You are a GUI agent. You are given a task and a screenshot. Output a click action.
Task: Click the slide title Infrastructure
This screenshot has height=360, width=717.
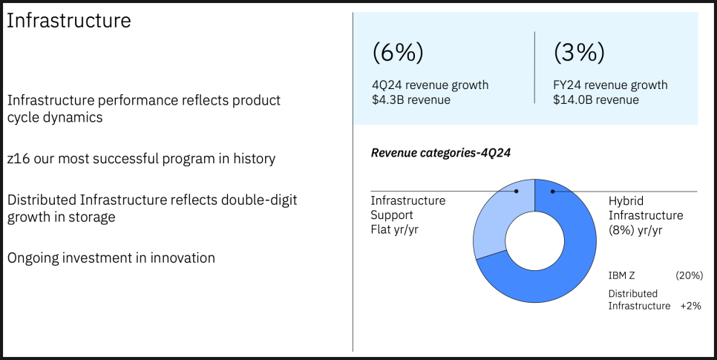(68, 21)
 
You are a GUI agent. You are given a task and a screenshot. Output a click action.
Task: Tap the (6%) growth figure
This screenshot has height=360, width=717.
(398, 52)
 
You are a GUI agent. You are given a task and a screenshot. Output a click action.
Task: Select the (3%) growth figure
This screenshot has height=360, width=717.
(579, 52)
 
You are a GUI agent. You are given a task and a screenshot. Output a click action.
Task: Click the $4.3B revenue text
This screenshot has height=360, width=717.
(411, 99)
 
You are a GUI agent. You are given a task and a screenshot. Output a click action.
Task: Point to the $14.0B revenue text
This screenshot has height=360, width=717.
(596, 99)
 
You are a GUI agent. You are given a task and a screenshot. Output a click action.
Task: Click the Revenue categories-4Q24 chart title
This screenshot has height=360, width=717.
(440, 153)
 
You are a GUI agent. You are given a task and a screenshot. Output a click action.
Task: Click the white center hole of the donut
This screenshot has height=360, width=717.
(535, 241)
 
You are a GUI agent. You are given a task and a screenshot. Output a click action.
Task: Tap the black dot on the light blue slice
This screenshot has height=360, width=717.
(517, 192)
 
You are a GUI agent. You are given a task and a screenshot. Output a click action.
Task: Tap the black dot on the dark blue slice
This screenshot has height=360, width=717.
(553, 192)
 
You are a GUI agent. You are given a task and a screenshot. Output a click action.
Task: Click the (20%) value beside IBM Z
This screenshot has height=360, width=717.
(689, 275)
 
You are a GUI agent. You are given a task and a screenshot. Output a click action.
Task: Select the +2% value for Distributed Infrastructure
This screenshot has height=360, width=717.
(690, 306)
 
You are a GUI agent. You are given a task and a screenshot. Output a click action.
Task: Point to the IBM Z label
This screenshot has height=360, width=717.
(621, 275)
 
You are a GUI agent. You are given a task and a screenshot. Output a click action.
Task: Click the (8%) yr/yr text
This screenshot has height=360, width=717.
(635, 229)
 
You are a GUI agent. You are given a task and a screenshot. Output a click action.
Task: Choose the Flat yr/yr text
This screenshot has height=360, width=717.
(394, 229)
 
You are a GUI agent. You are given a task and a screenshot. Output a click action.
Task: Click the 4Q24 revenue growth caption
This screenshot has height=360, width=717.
(430, 85)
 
